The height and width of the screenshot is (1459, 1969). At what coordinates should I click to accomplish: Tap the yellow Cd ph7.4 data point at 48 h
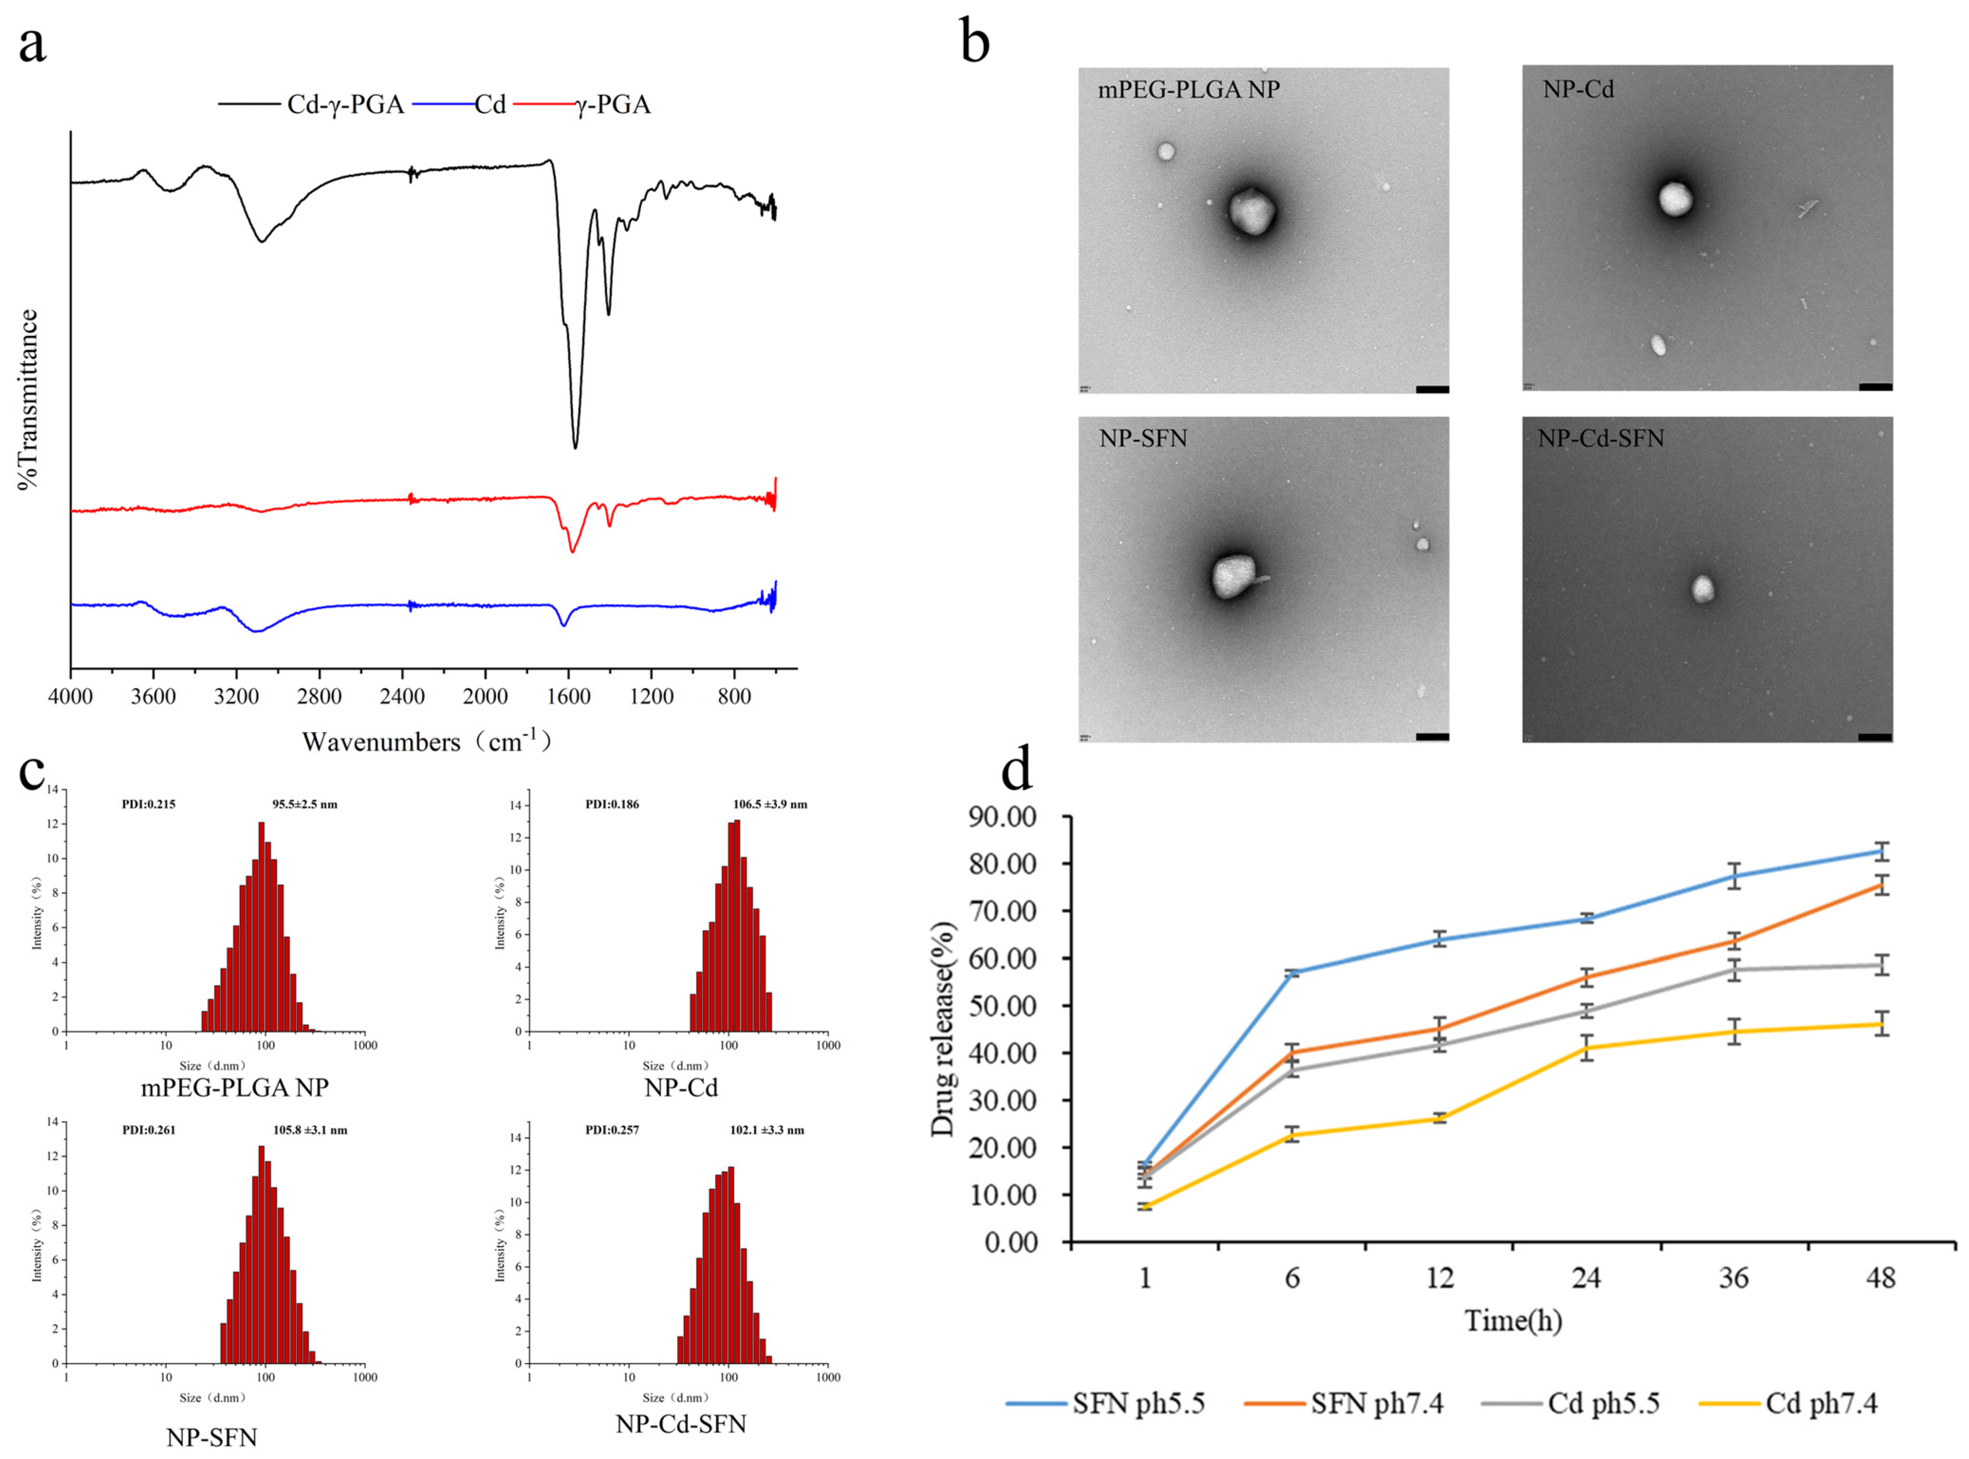[1882, 1025]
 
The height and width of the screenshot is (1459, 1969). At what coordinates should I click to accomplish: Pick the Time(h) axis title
[1513, 1321]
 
